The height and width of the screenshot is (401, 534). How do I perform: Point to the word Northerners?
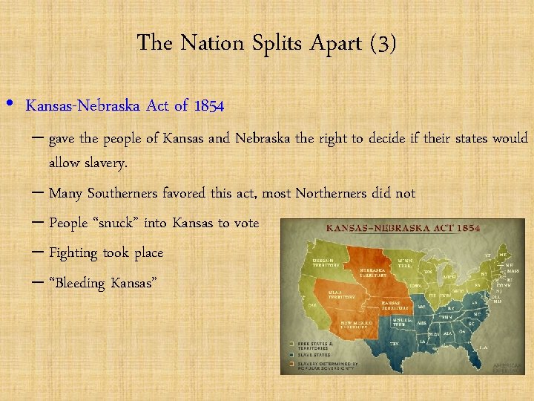pos(331,193)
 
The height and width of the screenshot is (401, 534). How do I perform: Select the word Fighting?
pos(73,252)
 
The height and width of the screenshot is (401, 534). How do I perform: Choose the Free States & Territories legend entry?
pos(314,345)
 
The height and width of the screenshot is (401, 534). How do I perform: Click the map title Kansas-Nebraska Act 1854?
pos(398,227)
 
